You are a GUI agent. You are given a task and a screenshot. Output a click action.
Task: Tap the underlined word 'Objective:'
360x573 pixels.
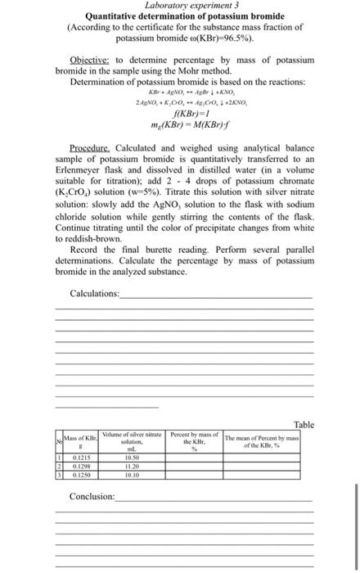90,61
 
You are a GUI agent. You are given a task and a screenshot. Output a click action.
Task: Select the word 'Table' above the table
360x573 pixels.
304,424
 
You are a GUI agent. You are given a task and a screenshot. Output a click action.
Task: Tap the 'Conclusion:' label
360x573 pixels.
92,497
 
